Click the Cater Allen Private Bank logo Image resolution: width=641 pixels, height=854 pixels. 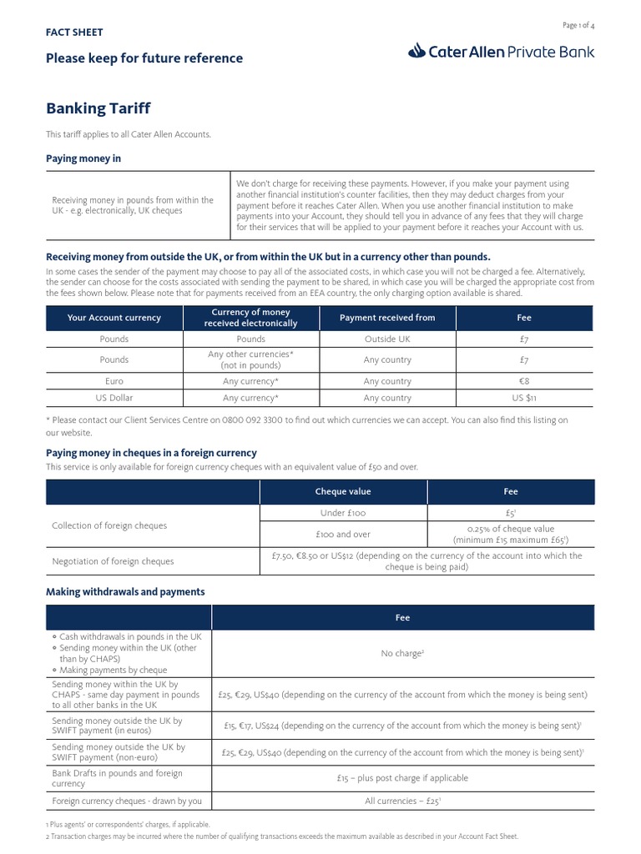502,52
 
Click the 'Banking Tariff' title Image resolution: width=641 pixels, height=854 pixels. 98,108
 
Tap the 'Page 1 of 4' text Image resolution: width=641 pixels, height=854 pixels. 578,26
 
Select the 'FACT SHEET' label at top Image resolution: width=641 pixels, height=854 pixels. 74,33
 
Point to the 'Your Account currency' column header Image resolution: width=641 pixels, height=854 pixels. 114,318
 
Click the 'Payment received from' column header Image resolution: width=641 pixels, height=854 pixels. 387,318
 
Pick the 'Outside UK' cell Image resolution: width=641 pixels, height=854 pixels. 387,339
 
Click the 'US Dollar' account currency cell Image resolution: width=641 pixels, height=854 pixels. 114,399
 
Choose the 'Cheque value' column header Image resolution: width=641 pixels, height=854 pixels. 343,492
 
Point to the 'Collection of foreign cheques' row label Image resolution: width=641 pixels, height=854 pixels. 109,526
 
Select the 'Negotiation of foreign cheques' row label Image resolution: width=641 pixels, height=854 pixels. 113,561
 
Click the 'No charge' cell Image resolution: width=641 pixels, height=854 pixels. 402,653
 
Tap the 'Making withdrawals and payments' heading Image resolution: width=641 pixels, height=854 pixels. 125,592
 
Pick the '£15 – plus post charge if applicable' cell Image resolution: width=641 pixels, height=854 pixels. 402,778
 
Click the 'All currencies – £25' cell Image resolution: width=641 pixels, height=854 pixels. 402,801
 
